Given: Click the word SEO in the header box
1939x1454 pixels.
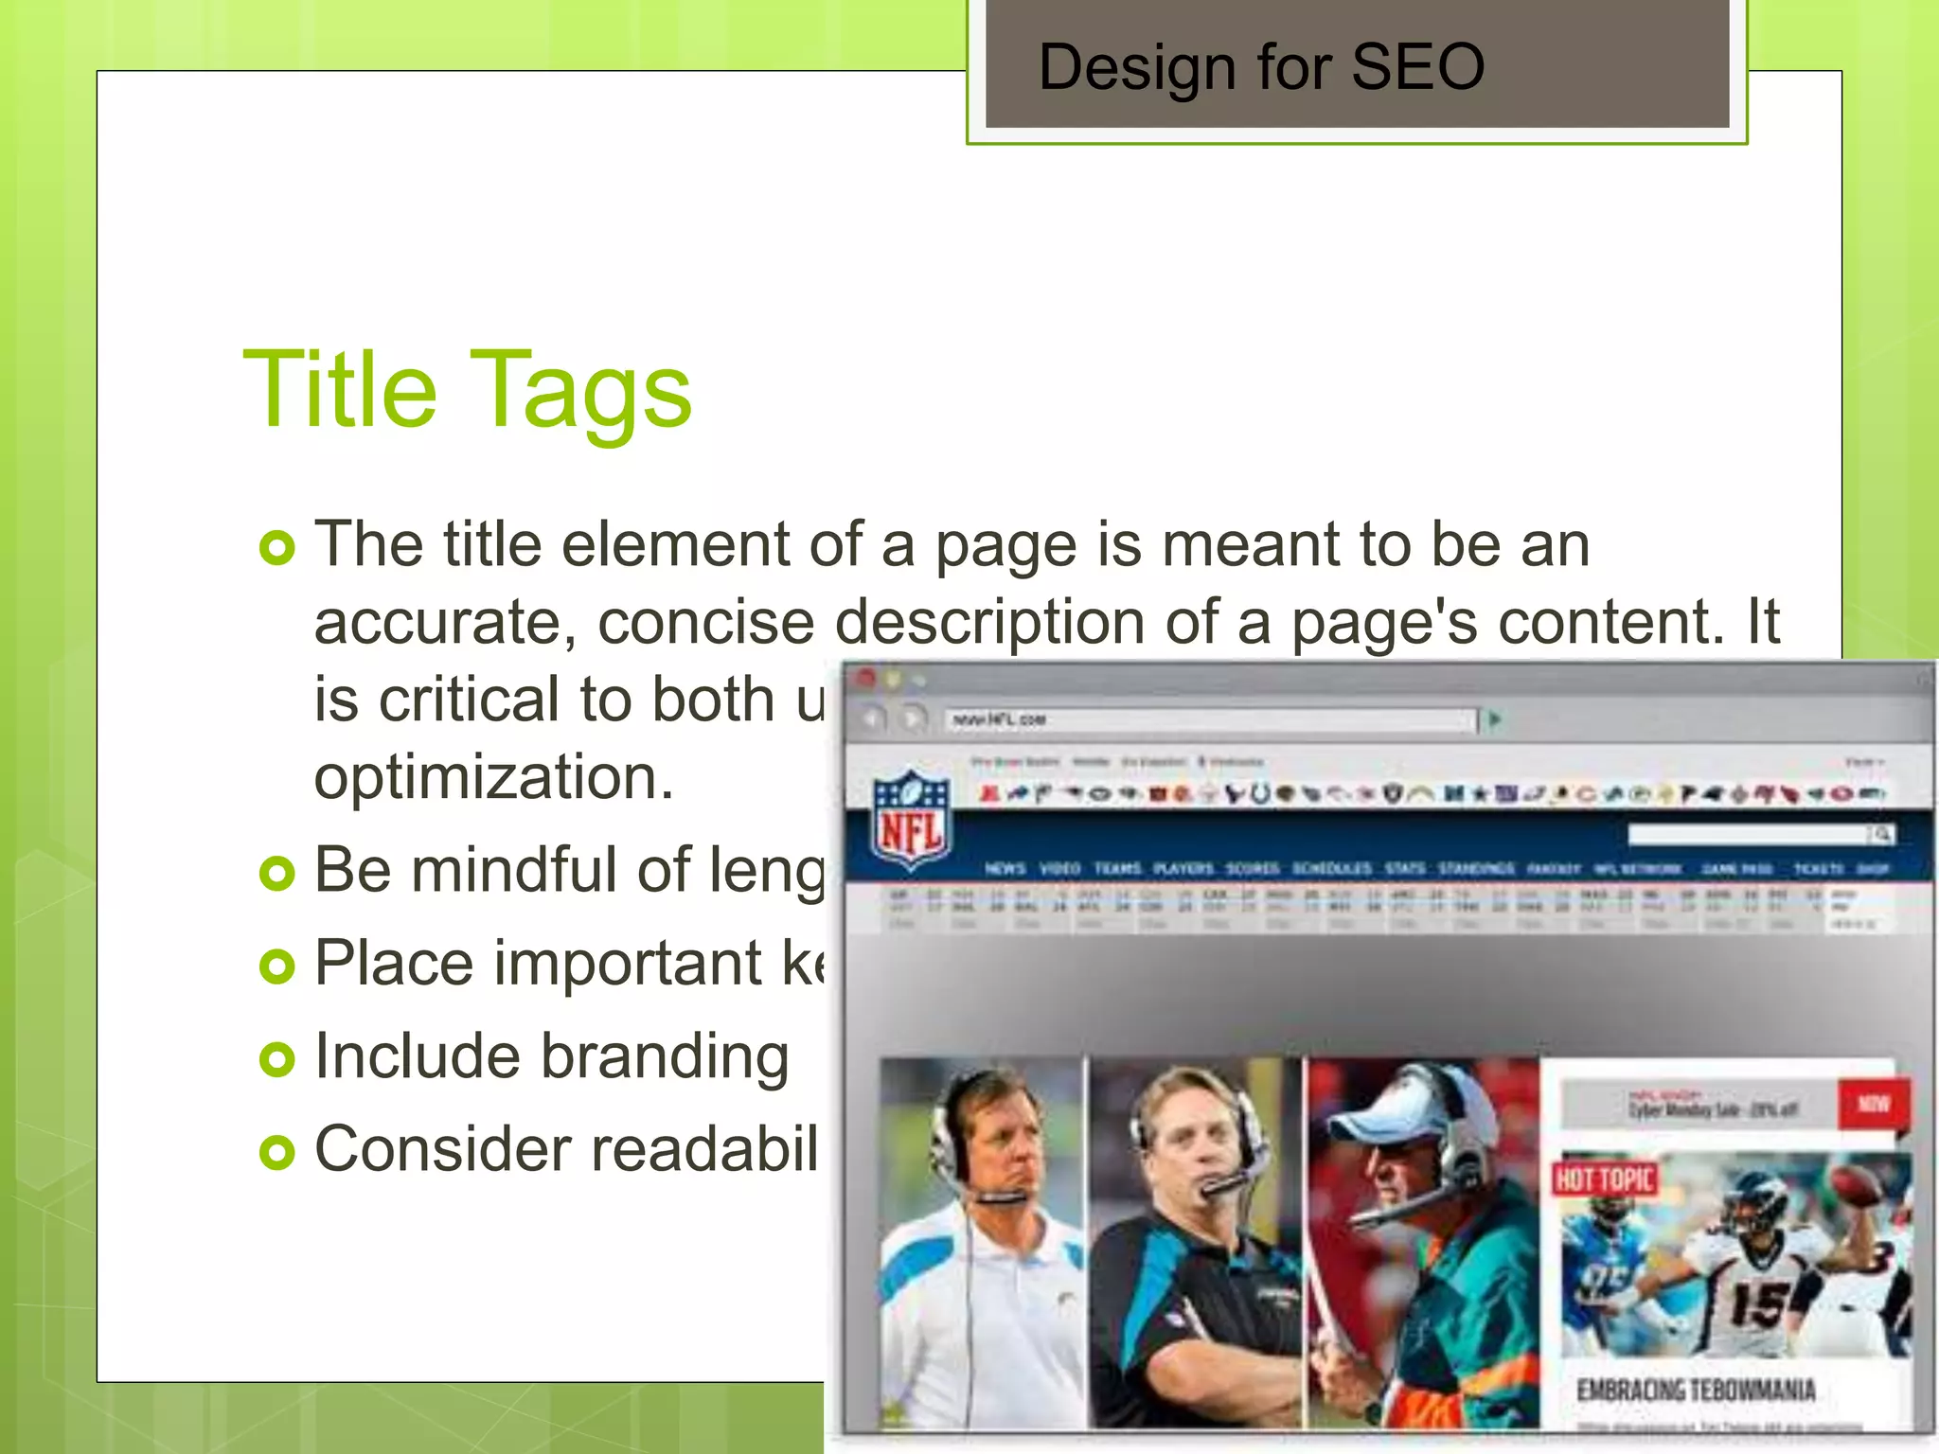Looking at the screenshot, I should (1417, 67).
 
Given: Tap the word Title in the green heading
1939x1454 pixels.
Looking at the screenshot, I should (340, 388).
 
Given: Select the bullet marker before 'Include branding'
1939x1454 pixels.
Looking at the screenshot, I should (276, 1059).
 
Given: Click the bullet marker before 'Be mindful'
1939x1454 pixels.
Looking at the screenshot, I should (276, 873).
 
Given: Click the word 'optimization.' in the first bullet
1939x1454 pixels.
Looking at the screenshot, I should (493, 777).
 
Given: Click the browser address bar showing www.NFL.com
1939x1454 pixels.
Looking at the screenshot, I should (1210, 720).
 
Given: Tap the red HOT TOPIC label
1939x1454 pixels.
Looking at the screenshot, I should (1605, 1179).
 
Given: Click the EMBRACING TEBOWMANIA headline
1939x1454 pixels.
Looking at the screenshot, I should (1696, 1390).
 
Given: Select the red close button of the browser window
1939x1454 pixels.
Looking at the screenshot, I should (864, 678).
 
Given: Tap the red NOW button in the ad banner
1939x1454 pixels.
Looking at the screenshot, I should (1873, 1104).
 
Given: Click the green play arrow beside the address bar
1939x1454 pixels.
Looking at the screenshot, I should (1495, 719).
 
